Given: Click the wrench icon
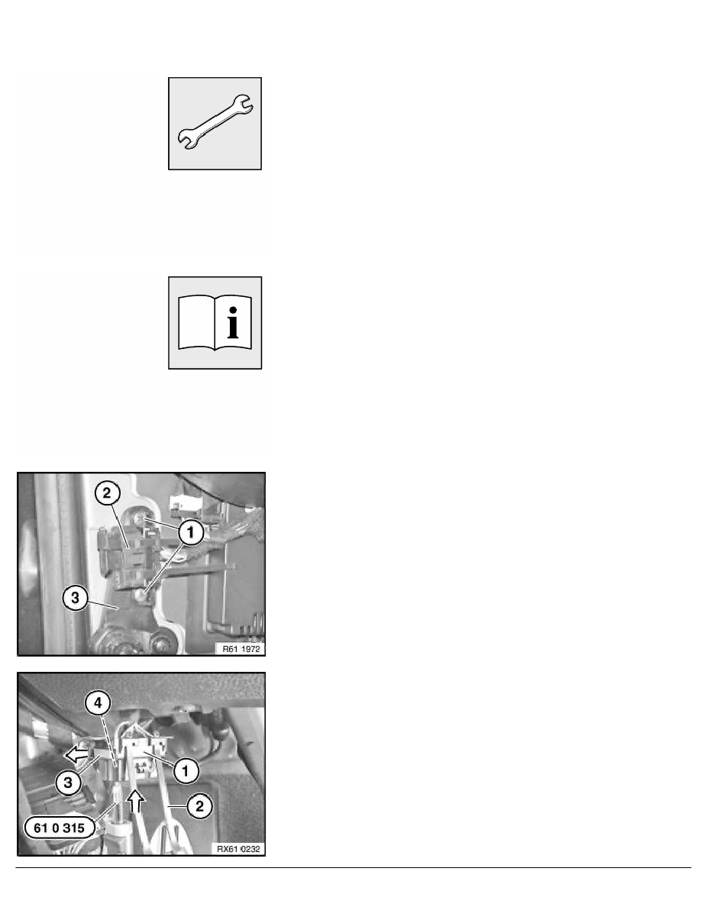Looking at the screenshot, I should pyautogui.click(x=215, y=123).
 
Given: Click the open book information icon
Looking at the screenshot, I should pyautogui.click(x=215, y=323).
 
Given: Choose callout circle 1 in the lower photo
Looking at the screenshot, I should pyautogui.click(x=183, y=771).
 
